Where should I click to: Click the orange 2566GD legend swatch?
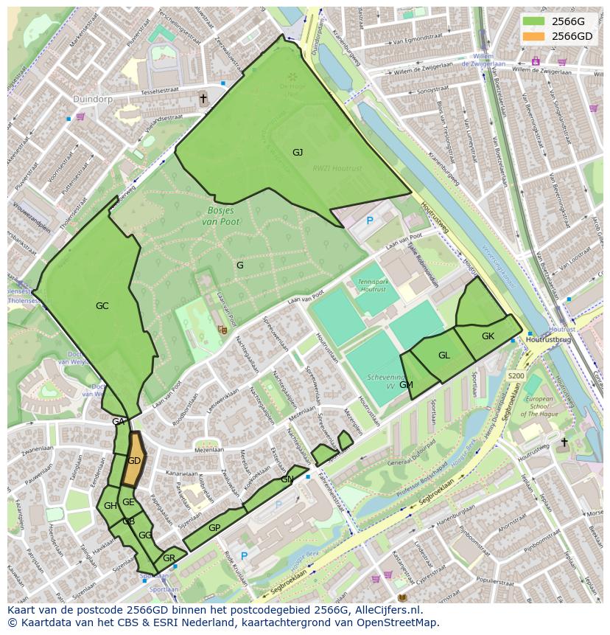click(535, 36)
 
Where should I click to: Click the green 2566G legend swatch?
click(535, 21)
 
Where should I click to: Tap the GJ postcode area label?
click(298, 153)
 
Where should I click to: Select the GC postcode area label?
click(102, 306)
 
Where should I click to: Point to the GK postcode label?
click(488, 336)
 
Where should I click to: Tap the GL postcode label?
click(444, 355)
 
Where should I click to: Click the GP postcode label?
click(214, 528)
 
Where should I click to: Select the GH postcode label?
click(111, 506)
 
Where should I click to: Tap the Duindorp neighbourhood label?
click(91, 98)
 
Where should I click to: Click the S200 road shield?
click(515, 376)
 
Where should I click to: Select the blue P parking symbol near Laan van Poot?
click(370, 220)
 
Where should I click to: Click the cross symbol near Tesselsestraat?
click(203, 98)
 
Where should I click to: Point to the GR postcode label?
click(169, 558)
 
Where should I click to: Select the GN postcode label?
click(287, 479)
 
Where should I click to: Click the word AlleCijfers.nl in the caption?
click(386, 610)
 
